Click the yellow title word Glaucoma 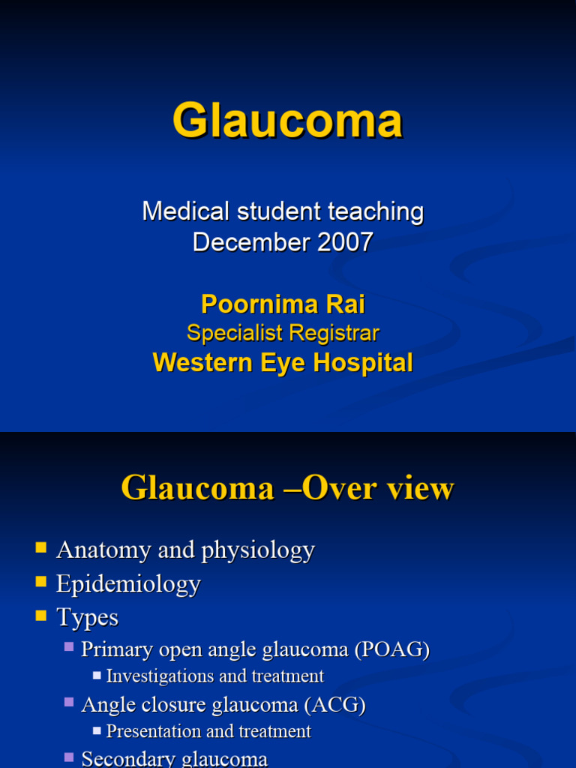tap(287, 121)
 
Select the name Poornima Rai tap(283, 304)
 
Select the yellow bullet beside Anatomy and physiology tap(41, 547)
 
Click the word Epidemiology tap(128, 583)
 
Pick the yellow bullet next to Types tap(41, 616)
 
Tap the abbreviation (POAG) tap(393, 649)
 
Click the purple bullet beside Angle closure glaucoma tap(69, 702)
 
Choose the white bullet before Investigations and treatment tap(97, 675)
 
